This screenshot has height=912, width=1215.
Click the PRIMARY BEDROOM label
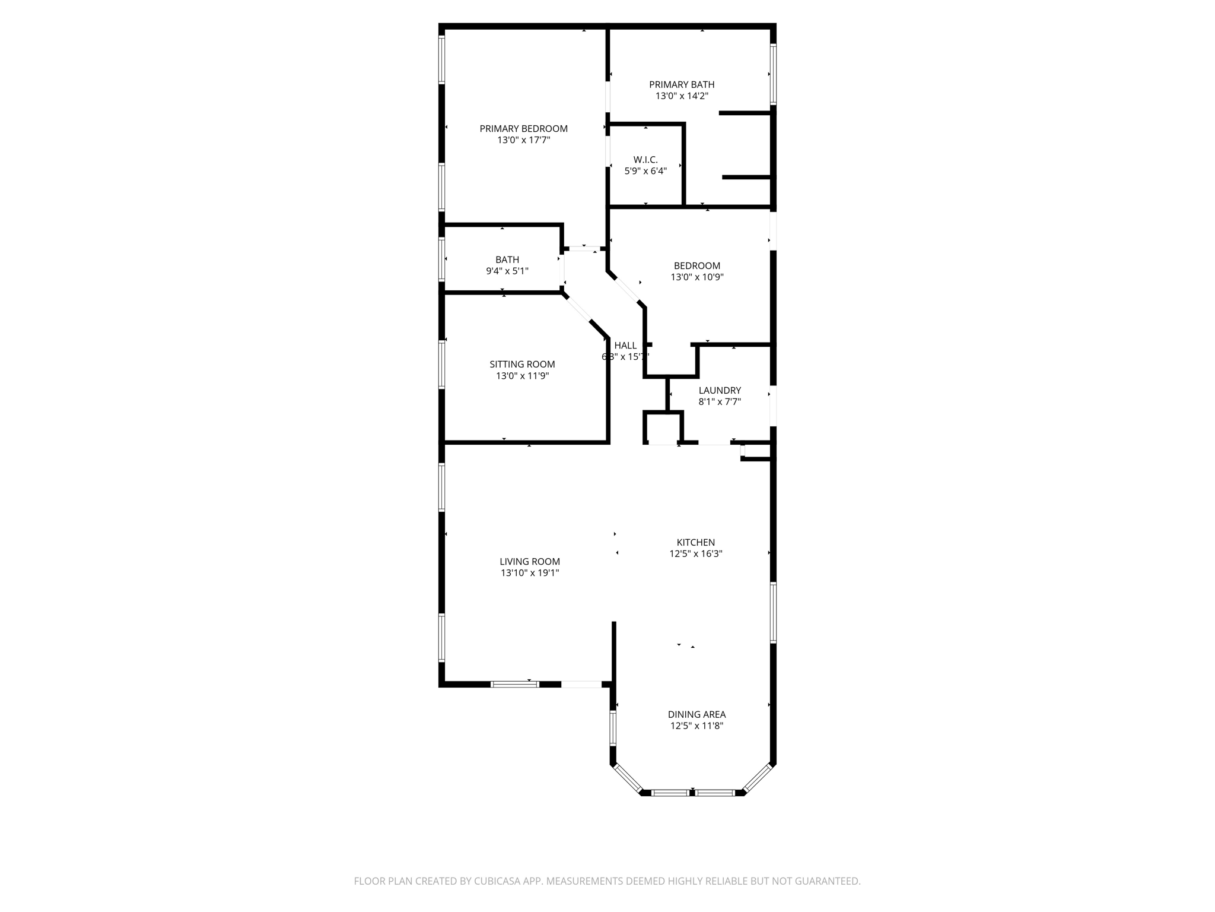click(523, 129)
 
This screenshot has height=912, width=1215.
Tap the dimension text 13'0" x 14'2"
click(682, 96)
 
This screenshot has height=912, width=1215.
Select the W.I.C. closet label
click(645, 160)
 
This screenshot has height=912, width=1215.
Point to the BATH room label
click(507, 259)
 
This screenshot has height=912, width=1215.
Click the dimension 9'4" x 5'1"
click(507, 271)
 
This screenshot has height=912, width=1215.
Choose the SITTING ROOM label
click(522, 365)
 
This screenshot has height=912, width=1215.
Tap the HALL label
click(625, 346)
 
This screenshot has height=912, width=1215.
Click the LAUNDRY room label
click(720, 391)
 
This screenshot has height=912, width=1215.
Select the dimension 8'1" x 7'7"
click(720, 402)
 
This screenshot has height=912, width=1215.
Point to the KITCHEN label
click(696, 543)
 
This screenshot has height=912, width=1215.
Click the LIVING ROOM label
click(530, 562)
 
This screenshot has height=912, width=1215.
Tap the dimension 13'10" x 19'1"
click(530, 574)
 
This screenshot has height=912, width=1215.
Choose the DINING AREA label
click(696, 715)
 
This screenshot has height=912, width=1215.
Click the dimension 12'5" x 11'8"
click(696, 726)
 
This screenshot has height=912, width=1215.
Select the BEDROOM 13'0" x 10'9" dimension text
click(697, 277)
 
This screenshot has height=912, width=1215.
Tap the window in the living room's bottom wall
click(514, 684)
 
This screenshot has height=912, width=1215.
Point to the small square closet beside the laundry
click(663, 428)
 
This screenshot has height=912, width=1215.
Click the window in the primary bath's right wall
click(773, 74)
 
